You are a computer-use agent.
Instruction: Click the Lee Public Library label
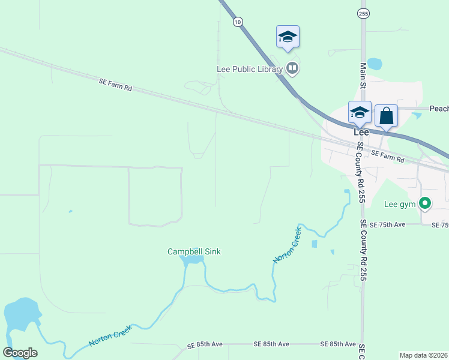249,69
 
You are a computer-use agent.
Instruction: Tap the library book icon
292,68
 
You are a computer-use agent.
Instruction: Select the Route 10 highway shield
238,22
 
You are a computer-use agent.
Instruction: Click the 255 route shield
363,13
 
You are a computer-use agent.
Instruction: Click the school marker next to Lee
360,112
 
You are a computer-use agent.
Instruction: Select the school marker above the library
288,37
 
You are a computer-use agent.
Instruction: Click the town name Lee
361,132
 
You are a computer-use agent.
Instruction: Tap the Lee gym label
399,204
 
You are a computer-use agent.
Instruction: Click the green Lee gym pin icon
425,204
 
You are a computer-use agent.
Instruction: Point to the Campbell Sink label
194,251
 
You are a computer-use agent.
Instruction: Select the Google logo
20,353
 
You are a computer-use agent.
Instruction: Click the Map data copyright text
424,355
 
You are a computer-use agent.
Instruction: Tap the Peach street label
439,109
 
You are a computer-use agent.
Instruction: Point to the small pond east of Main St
374,63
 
